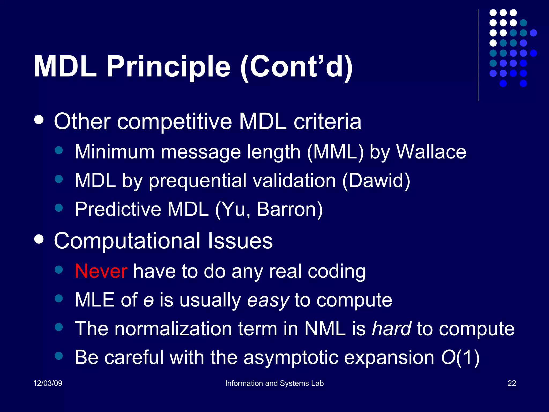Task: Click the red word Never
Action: [x=101, y=271]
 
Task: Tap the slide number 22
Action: [x=512, y=383]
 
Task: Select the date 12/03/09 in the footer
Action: [x=48, y=383]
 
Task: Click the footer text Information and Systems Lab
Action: [x=274, y=383]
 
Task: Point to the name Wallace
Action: [x=431, y=152]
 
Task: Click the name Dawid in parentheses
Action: [x=376, y=181]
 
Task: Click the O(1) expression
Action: [x=460, y=358]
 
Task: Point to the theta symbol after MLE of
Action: [x=149, y=301]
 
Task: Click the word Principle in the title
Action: [x=168, y=67]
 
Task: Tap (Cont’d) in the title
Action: [x=296, y=67]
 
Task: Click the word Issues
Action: [x=240, y=241]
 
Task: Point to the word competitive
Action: [x=175, y=122]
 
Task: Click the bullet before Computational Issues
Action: [x=39, y=239]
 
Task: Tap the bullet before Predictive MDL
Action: [x=58, y=207]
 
